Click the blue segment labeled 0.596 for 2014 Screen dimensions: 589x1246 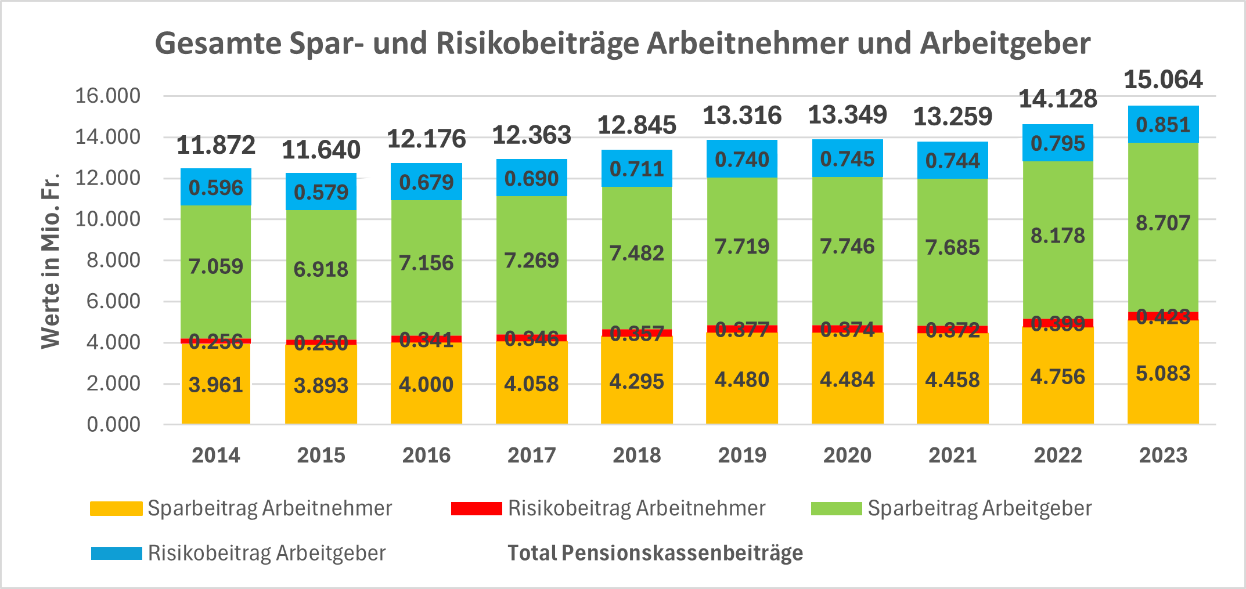(x=215, y=187)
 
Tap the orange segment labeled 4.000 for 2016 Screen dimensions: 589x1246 (x=426, y=384)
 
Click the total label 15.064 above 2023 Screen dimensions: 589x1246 (x=1163, y=80)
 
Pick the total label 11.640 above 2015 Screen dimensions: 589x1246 (x=321, y=150)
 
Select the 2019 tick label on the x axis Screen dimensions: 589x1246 (x=742, y=455)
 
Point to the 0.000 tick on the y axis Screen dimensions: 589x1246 (x=113, y=424)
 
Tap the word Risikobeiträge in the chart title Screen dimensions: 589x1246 (x=536, y=44)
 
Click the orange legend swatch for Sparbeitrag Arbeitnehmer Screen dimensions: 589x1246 (x=116, y=508)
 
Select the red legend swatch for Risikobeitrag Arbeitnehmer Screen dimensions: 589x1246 (x=476, y=508)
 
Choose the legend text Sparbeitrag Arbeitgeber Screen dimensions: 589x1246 (x=979, y=508)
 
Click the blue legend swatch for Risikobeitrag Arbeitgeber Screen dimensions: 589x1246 (x=116, y=553)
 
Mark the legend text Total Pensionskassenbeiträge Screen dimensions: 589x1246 (x=655, y=553)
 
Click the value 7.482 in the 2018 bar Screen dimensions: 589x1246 (x=636, y=253)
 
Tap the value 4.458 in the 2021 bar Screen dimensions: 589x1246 (x=952, y=380)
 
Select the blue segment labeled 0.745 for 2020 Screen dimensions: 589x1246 (x=847, y=158)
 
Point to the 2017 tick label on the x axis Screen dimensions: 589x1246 (x=531, y=455)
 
